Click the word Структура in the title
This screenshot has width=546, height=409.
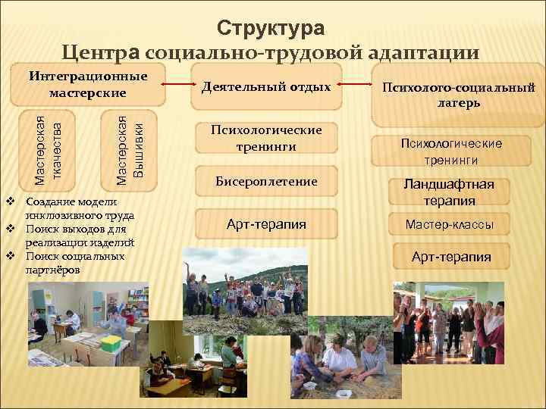(271, 28)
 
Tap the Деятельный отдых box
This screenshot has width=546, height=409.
(266, 87)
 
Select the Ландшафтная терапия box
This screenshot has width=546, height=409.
(449, 193)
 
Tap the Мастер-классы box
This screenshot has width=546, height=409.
(449, 224)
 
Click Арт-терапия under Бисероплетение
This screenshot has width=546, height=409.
(266, 223)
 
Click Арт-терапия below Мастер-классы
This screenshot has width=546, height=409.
(450, 257)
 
